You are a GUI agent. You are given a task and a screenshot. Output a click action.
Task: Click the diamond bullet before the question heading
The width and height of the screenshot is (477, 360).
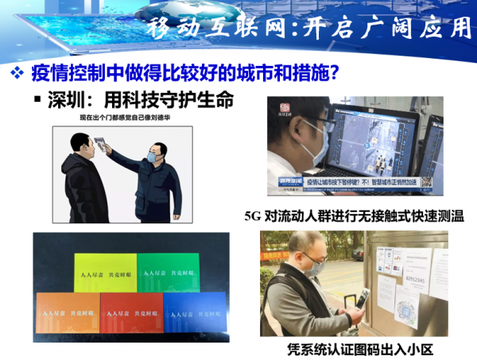tap(16, 75)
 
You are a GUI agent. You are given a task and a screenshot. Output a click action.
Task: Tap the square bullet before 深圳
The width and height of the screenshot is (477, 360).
tap(37, 102)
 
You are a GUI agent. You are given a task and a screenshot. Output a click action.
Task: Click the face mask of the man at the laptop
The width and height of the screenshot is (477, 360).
tap(314, 147)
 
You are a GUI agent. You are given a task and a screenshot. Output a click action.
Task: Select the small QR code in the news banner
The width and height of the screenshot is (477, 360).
tap(426, 182)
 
